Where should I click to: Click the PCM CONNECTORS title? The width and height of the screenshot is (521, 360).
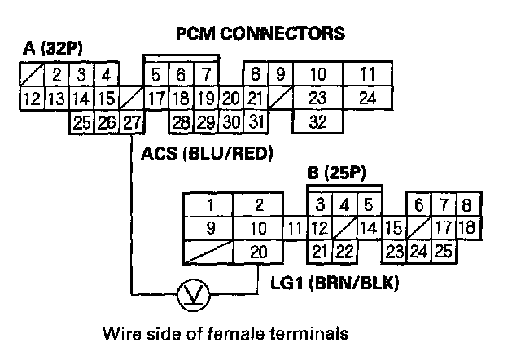[x=260, y=33]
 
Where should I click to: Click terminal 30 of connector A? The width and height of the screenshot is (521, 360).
[x=230, y=124]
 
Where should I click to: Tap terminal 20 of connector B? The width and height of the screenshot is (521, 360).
[x=258, y=252]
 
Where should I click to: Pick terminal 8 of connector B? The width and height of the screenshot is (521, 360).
[x=466, y=204]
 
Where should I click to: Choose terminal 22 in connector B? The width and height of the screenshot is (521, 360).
[x=345, y=252]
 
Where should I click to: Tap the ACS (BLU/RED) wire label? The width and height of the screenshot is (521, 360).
[x=206, y=152]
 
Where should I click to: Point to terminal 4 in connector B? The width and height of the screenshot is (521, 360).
[x=344, y=204]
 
